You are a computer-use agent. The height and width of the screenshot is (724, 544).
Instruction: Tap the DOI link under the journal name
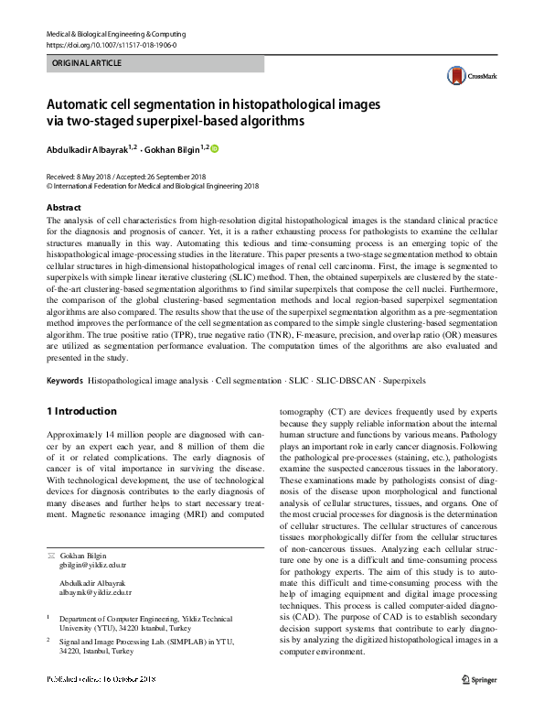tap(111, 44)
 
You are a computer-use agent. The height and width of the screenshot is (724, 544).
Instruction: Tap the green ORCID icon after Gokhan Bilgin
tap(216, 148)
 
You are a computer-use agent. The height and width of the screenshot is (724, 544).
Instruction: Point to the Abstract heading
tap(63, 208)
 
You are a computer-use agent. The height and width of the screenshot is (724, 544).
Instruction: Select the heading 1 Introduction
tap(81, 411)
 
